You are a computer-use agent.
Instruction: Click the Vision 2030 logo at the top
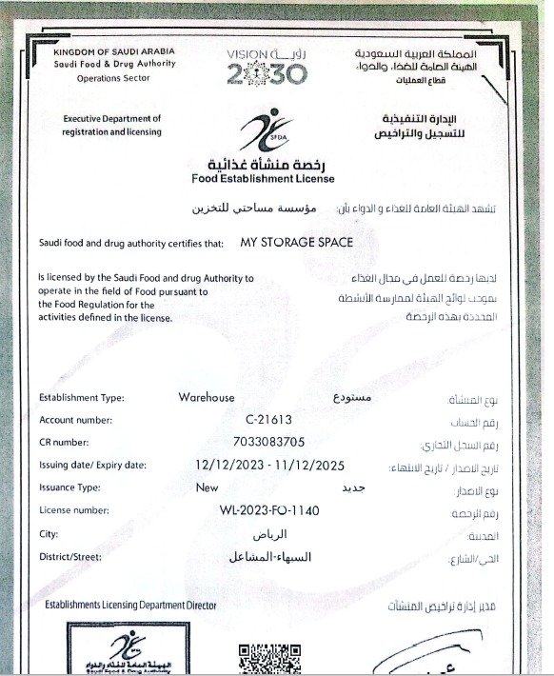pos(268,66)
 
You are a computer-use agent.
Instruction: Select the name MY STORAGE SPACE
pos(297,243)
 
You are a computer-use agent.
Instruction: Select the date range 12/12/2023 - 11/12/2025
pos(269,466)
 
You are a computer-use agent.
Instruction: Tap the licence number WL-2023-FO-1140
pos(269,511)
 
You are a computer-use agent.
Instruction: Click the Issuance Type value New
pos(207,487)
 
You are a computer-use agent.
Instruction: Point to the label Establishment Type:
pos(82,398)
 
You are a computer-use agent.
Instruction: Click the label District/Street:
pos(74,557)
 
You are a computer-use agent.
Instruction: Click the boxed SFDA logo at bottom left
pos(117,652)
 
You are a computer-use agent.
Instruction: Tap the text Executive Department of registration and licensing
pos(112,125)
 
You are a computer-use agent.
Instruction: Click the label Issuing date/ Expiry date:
pos(92,466)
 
